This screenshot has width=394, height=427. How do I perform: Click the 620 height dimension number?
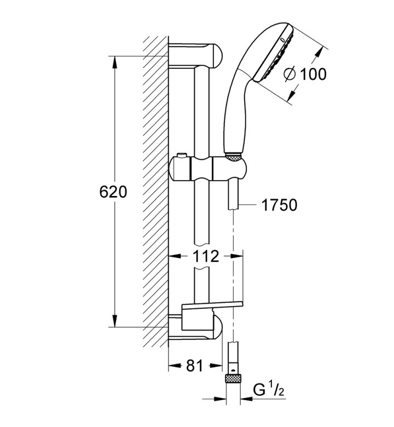113,192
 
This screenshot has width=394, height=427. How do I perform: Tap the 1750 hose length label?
279,205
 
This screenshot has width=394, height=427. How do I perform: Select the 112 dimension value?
206,256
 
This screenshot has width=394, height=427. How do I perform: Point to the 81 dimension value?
195,366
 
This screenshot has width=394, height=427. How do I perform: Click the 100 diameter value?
313,74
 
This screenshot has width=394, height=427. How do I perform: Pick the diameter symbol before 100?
289,74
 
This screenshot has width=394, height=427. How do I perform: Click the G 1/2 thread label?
269,390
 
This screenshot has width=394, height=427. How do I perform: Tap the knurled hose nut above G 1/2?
233,379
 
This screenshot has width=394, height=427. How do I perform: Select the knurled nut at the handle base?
233,157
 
